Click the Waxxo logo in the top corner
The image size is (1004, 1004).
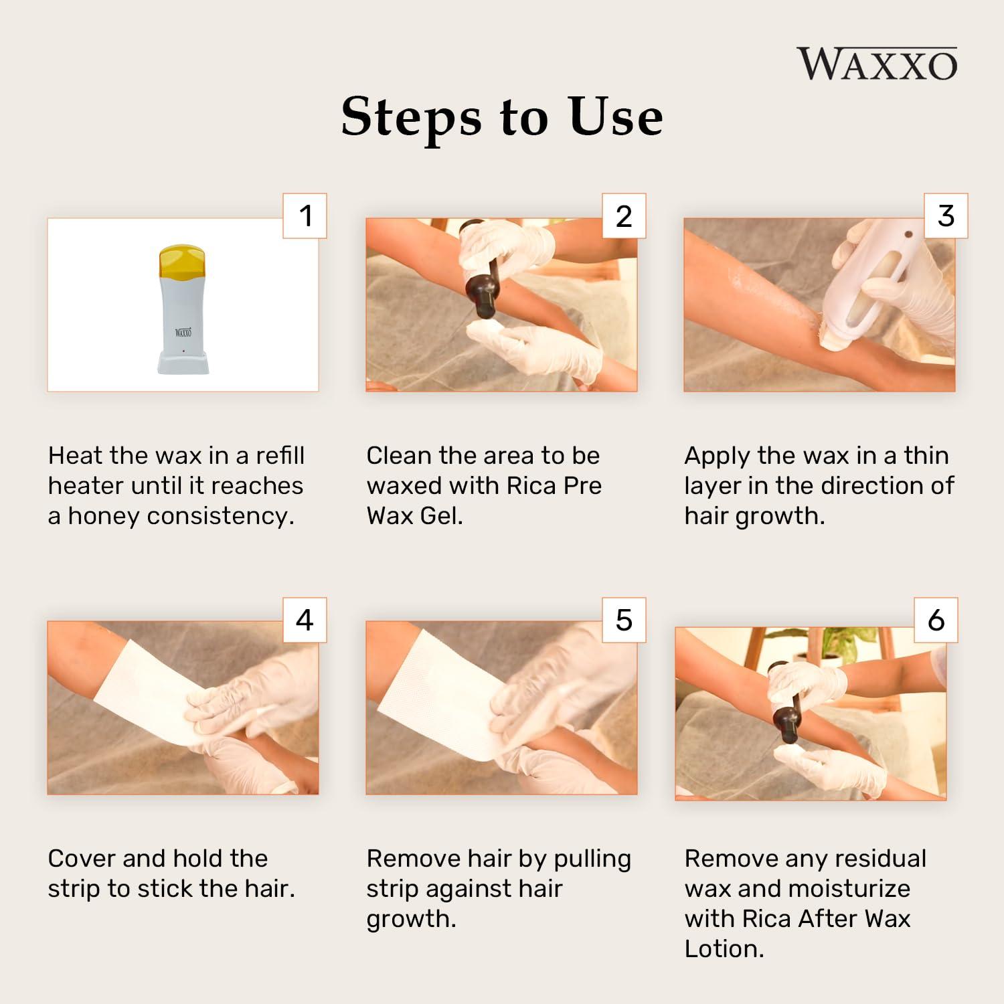pos(877,64)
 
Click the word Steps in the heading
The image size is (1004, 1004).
pos(410,117)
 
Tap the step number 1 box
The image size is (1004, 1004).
pos(305,216)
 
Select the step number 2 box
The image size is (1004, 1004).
pos(624,216)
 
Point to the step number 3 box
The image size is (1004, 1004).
pos(945,216)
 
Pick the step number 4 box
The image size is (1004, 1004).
pos(305,620)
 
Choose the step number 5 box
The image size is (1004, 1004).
pos(624,620)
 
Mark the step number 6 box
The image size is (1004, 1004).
pos(936,620)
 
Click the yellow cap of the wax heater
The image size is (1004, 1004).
pos(182,262)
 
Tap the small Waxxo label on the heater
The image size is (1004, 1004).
pos(183,332)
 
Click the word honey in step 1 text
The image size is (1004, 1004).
pos(104,516)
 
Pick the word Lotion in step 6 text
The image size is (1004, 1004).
pos(724,949)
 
